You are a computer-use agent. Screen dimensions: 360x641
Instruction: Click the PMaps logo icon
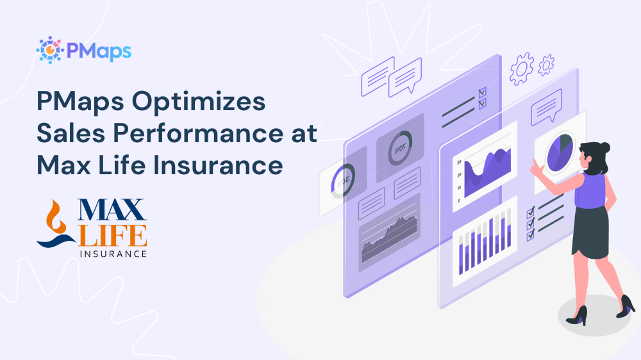click(x=49, y=49)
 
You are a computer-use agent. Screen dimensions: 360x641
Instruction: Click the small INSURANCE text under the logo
click(x=113, y=254)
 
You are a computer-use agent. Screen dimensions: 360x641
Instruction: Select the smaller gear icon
click(x=546, y=64)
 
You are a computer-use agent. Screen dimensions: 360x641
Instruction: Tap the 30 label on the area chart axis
click(x=459, y=162)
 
